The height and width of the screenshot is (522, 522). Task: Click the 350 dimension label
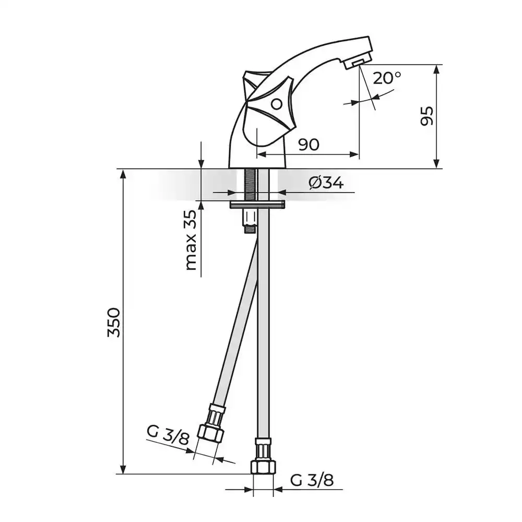coord(114,322)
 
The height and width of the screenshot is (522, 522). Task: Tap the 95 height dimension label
coord(427,116)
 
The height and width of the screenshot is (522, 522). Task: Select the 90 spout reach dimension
coord(309,145)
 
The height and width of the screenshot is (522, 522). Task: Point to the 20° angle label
coord(387,78)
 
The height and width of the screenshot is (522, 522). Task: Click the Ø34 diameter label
coord(326,183)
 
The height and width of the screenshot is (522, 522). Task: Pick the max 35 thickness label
coord(191,240)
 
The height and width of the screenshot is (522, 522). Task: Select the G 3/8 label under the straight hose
coord(312,480)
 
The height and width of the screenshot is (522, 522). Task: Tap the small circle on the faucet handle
coord(276,104)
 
